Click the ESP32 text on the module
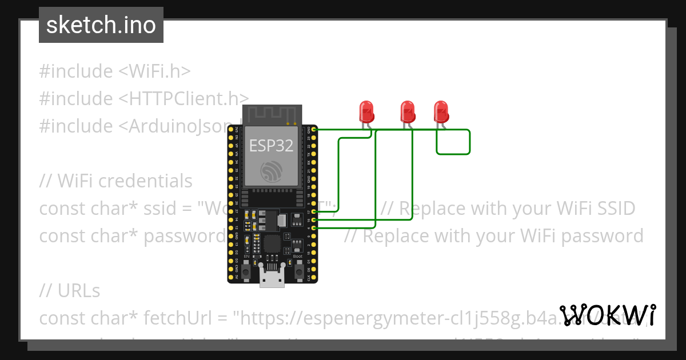pyautogui.click(x=271, y=145)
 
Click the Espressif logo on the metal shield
pyautogui.click(x=271, y=170)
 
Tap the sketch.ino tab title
pyautogui.click(x=101, y=25)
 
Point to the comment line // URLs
pyautogui.click(x=70, y=291)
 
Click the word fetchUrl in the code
pyautogui.click(x=181, y=318)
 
